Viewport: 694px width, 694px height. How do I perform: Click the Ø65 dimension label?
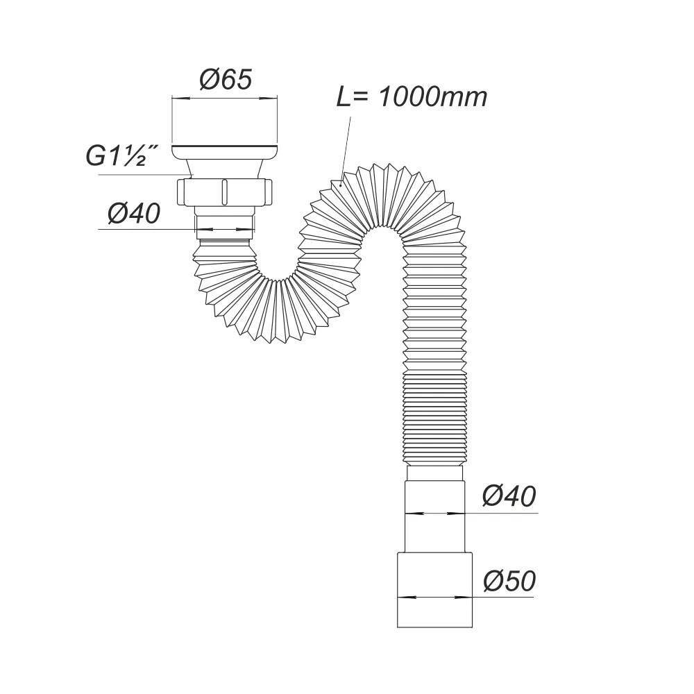coord(226,80)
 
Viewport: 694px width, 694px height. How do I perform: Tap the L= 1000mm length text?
coord(412,96)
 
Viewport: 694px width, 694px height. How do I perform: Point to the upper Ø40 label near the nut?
coord(134,213)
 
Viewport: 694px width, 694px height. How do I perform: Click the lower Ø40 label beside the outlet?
coord(509,496)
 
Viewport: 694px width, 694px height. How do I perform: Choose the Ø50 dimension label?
coord(509,581)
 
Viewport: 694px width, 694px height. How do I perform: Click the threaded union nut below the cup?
coord(224,192)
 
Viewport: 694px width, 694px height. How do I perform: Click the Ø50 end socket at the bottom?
coord(434,589)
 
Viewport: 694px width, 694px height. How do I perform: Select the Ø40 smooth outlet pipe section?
coord(434,516)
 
